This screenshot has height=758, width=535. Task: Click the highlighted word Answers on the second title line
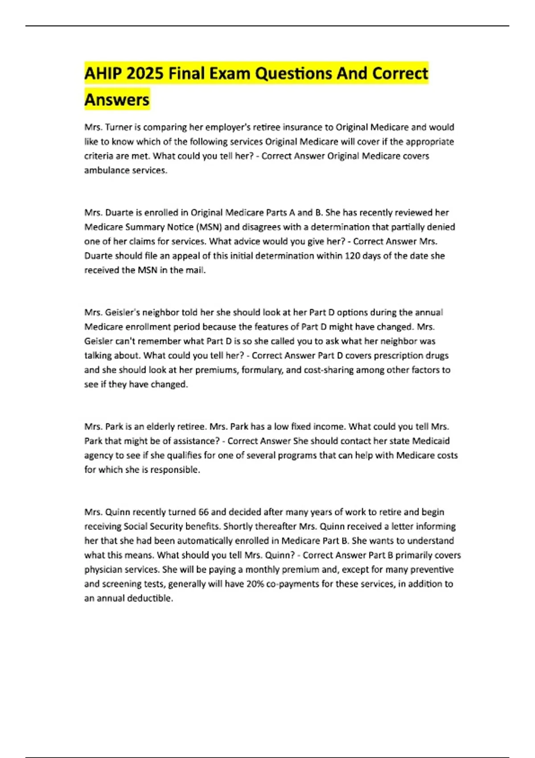click(117, 99)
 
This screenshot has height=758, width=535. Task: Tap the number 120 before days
click(353, 256)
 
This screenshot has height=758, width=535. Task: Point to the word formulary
click(262, 370)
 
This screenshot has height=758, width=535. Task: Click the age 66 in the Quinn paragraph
click(203, 512)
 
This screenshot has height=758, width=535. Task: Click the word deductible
click(149, 598)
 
